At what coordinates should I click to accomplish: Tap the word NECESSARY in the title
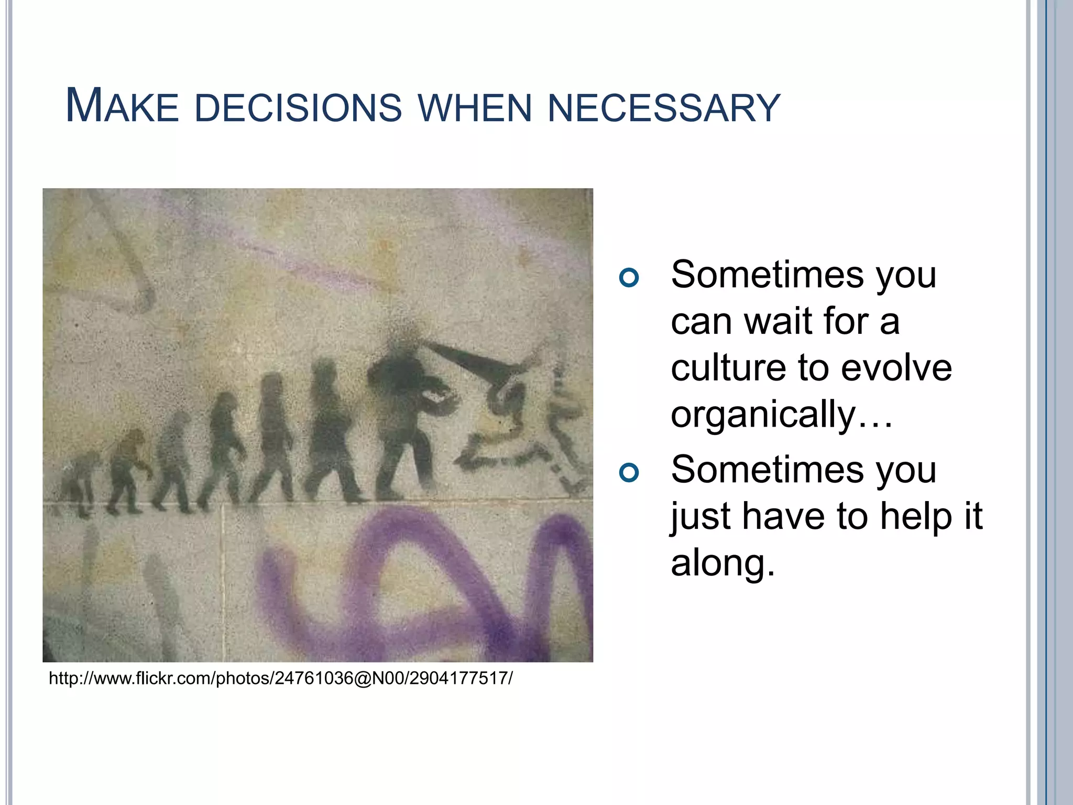click(664, 108)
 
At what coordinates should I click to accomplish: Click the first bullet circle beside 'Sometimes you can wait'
click(629, 277)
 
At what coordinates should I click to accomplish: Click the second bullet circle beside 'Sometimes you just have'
click(629, 473)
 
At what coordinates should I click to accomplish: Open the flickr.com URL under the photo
click(281, 678)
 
